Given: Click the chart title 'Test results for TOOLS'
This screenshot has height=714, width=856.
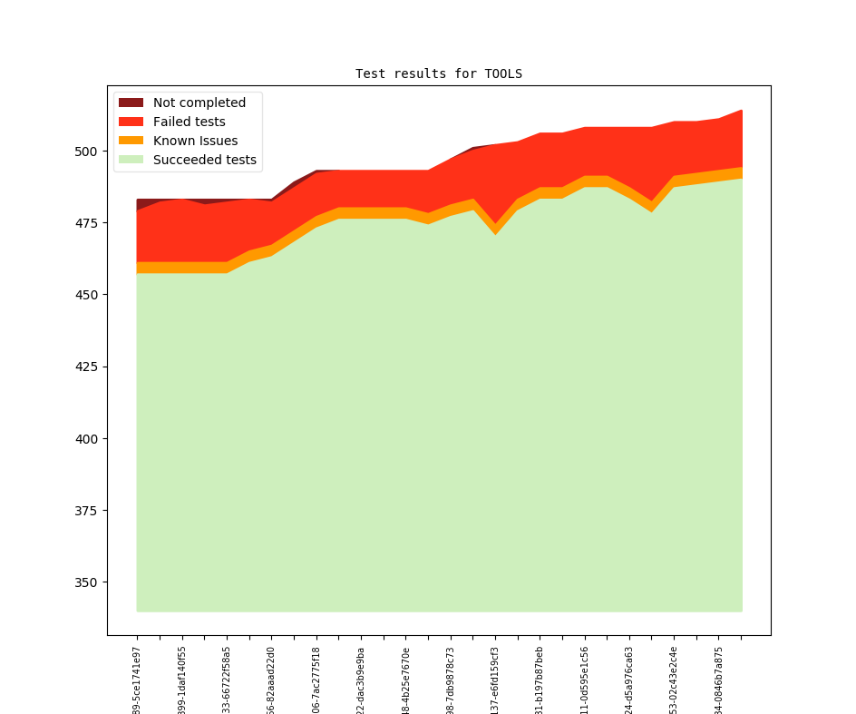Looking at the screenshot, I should click(x=439, y=73).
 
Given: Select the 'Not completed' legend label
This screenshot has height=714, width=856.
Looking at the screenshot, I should click(x=199, y=103).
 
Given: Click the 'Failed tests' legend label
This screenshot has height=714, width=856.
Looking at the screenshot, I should click(x=189, y=122).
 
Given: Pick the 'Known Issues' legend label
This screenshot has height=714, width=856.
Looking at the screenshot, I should click(x=195, y=141).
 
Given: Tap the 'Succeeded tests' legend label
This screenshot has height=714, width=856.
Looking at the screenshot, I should click(x=204, y=160).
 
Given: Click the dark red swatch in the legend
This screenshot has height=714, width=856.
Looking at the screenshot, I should click(x=131, y=103).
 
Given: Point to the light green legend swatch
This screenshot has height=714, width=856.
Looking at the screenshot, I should click(x=131, y=160).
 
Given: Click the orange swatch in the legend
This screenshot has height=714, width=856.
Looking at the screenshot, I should click(x=131, y=141).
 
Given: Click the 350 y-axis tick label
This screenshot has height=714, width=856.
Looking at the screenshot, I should click(x=89, y=582).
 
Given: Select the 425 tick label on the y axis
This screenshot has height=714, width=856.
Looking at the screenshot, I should click(x=89, y=367).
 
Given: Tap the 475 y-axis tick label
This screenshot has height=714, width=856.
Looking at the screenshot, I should click(x=89, y=223).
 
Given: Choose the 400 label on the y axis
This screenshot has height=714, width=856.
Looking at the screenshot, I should click(x=89, y=438).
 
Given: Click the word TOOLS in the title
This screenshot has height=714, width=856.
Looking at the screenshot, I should click(x=503, y=73).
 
